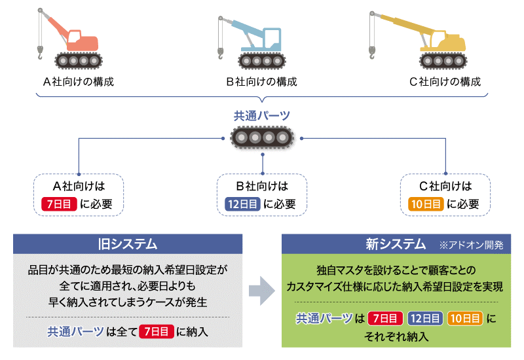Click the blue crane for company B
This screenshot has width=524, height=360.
pyautogui.click(x=255, y=43)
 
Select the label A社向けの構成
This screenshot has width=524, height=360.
pyautogui.click(x=78, y=82)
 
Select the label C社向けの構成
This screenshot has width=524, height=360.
pyautogui.click(x=445, y=82)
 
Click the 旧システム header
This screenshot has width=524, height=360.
pyautogui.click(x=128, y=244)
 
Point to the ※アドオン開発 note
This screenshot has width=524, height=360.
pyautogui.click(x=471, y=245)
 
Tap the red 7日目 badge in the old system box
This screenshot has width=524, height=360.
pyautogui.click(x=156, y=332)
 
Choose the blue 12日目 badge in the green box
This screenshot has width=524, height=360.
pyautogui.click(x=425, y=319)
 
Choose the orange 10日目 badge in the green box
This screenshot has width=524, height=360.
pyautogui.click(x=465, y=319)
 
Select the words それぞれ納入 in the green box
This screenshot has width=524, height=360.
pyautogui.click(x=396, y=337)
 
